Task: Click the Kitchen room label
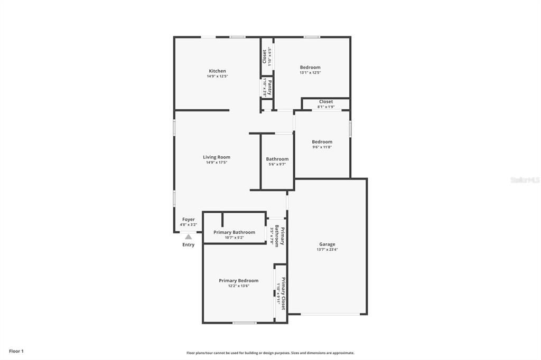click(x=217, y=71)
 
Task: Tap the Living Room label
click(x=217, y=157)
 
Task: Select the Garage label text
click(x=327, y=244)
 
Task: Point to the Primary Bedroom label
click(x=239, y=280)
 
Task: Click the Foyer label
click(x=189, y=220)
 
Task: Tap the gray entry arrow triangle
click(x=189, y=237)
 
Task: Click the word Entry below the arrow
click(x=189, y=245)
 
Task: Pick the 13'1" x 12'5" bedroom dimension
click(x=310, y=73)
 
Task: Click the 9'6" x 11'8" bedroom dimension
click(x=322, y=147)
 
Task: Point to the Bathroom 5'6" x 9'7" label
click(x=277, y=162)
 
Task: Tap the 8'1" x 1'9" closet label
click(x=326, y=107)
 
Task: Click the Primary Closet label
click(x=283, y=293)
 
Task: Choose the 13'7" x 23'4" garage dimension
click(x=327, y=250)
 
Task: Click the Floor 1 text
click(x=16, y=351)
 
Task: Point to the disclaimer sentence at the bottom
click(x=270, y=353)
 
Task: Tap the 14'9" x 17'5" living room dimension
click(x=217, y=163)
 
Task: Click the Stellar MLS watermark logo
click(x=524, y=180)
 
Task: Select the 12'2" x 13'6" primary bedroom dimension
click(x=239, y=286)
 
